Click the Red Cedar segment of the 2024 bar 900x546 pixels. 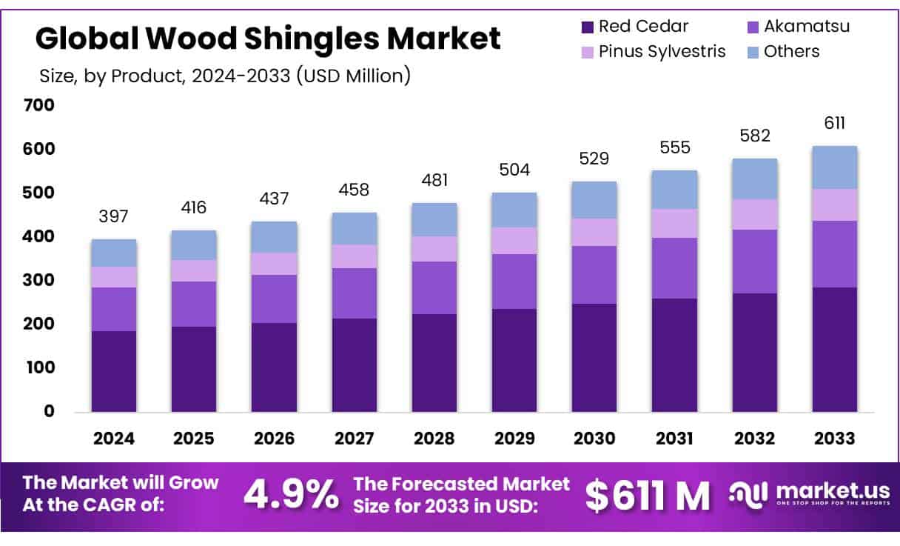tap(114, 370)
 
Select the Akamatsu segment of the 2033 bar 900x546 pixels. tap(834, 253)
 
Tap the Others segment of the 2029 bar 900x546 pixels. tap(514, 210)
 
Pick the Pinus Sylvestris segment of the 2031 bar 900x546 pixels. tap(674, 223)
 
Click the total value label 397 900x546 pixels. tap(114, 216)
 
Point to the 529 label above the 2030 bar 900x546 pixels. tap(594, 159)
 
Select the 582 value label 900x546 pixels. tap(754, 136)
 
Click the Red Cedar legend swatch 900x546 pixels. tap(588, 27)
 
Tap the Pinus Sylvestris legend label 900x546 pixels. tap(662, 51)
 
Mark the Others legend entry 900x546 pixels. tap(791, 51)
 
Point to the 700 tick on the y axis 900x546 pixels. tap(40, 105)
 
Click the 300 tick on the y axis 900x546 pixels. tap(40, 280)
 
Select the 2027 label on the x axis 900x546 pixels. tap(354, 438)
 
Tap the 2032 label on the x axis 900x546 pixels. tap(754, 438)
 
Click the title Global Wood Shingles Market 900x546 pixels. tap(268, 38)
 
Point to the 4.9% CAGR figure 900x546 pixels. tap(292, 495)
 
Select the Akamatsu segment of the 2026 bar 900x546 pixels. tap(274, 299)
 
